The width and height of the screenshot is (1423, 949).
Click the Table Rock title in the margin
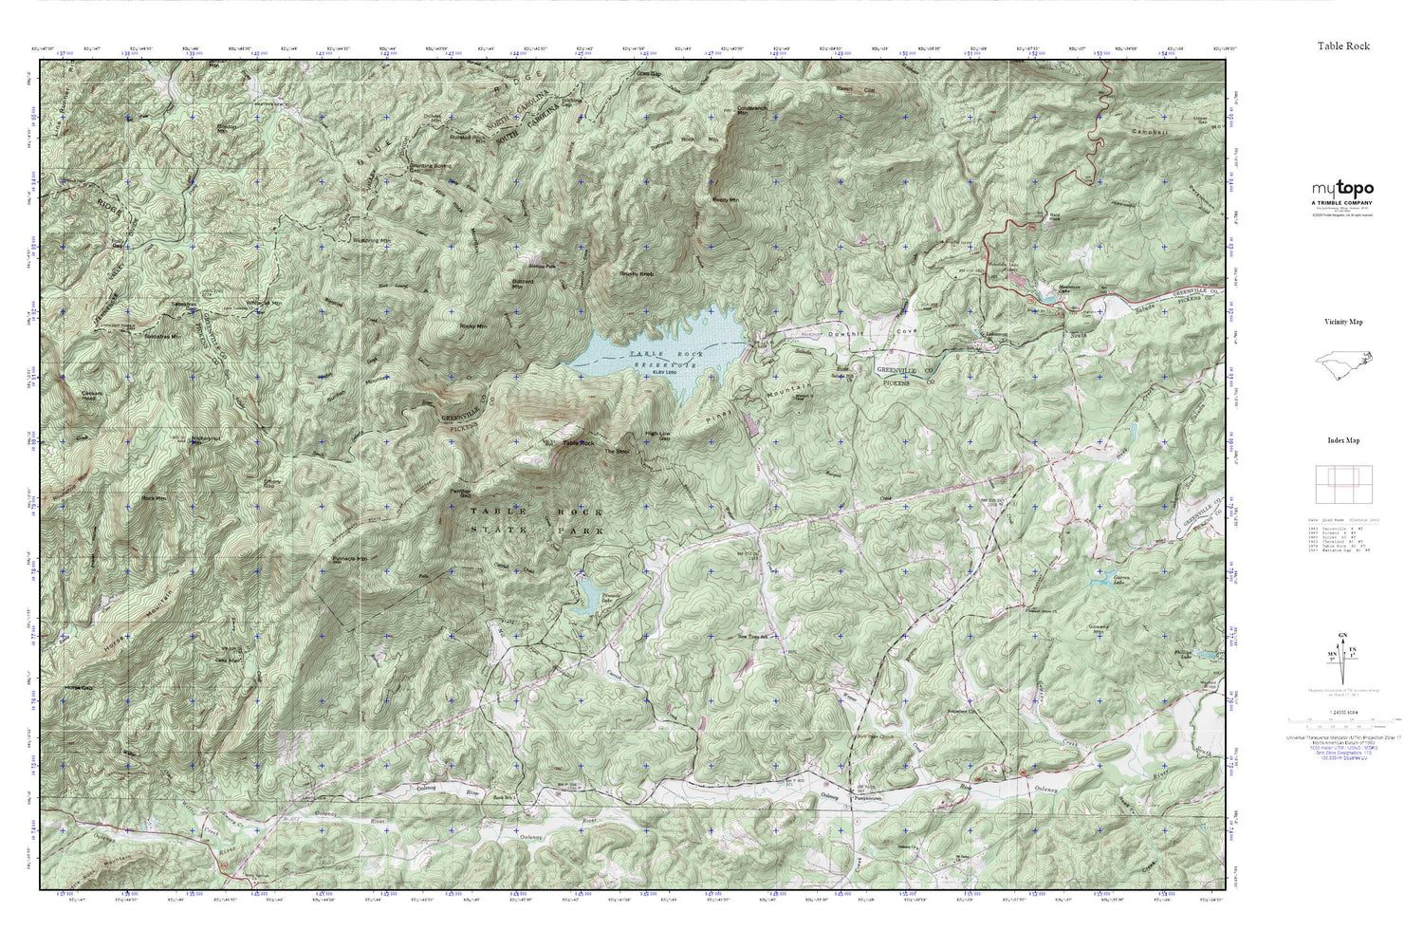click(x=1342, y=46)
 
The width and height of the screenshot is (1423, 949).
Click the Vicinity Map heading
click(x=1342, y=323)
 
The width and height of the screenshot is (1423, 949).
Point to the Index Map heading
click(x=1342, y=440)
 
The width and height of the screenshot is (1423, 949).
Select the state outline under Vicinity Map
click(x=1342, y=364)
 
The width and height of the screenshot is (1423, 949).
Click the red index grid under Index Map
click(x=1341, y=485)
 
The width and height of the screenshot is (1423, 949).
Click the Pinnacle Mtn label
click(x=349, y=559)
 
